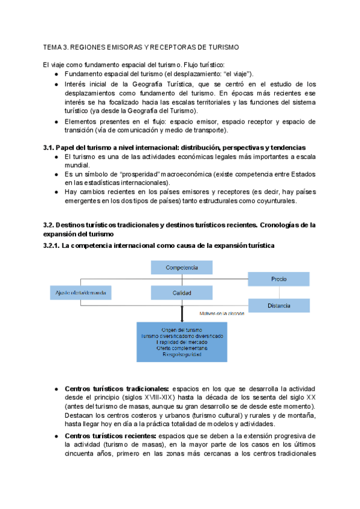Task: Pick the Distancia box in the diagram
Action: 278,306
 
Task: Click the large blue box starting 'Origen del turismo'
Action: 182,342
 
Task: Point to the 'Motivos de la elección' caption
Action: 223,313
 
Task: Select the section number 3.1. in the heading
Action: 49,148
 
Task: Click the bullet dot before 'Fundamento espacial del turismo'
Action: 56,74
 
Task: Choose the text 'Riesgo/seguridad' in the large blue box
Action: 182,355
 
